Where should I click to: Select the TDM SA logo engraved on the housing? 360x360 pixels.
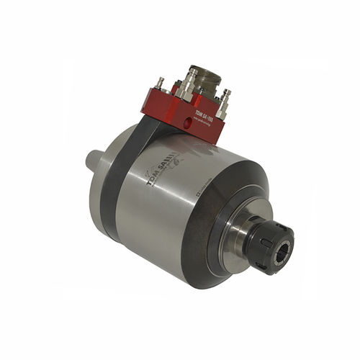tap(161, 171)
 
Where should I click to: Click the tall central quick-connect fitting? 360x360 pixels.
tap(188, 83)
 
